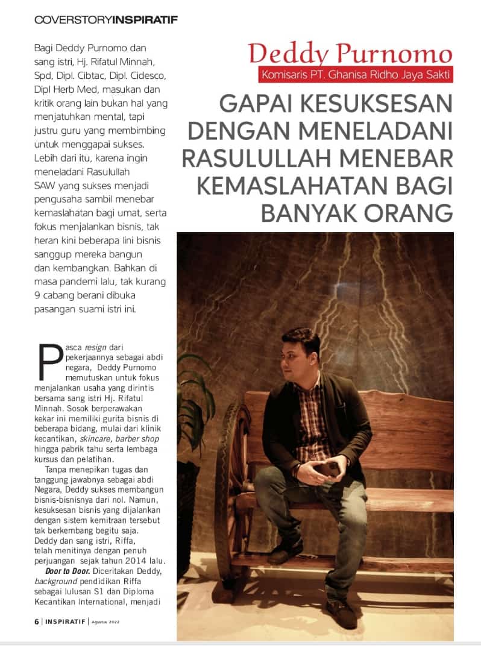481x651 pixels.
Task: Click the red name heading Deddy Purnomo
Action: pyautogui.click(x=350, y=54)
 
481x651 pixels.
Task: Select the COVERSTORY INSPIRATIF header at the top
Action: pyautogui.click(x=106, y=20)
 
